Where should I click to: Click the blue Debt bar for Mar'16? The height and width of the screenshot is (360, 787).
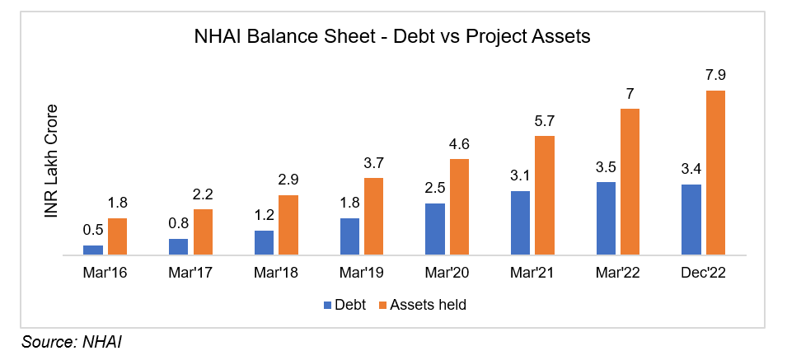point(93,250)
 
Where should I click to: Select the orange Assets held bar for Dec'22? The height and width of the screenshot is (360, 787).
point(714,173)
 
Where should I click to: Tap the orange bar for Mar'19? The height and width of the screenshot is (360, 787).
point(374,217)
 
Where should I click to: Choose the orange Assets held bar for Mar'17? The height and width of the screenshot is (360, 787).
point(204,232)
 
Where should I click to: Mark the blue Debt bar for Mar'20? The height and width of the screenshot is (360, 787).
point(435,229)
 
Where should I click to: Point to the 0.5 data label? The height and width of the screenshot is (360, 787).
point(93,231)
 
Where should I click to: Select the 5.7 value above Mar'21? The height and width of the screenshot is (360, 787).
point(545,121)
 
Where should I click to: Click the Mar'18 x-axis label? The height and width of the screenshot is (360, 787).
point(276,272)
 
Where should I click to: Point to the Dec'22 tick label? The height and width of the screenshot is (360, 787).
point(702,272)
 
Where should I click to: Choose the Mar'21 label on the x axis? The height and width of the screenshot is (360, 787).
point(532,272)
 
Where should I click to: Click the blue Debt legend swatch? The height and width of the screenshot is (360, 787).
point(326,305)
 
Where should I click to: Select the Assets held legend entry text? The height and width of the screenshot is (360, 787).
point(428,305)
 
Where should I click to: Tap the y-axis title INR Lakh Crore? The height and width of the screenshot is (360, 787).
point(51,161)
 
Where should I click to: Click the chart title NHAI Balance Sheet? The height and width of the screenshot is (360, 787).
point(393,36)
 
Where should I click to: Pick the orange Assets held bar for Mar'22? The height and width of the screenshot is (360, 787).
point(630,182)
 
